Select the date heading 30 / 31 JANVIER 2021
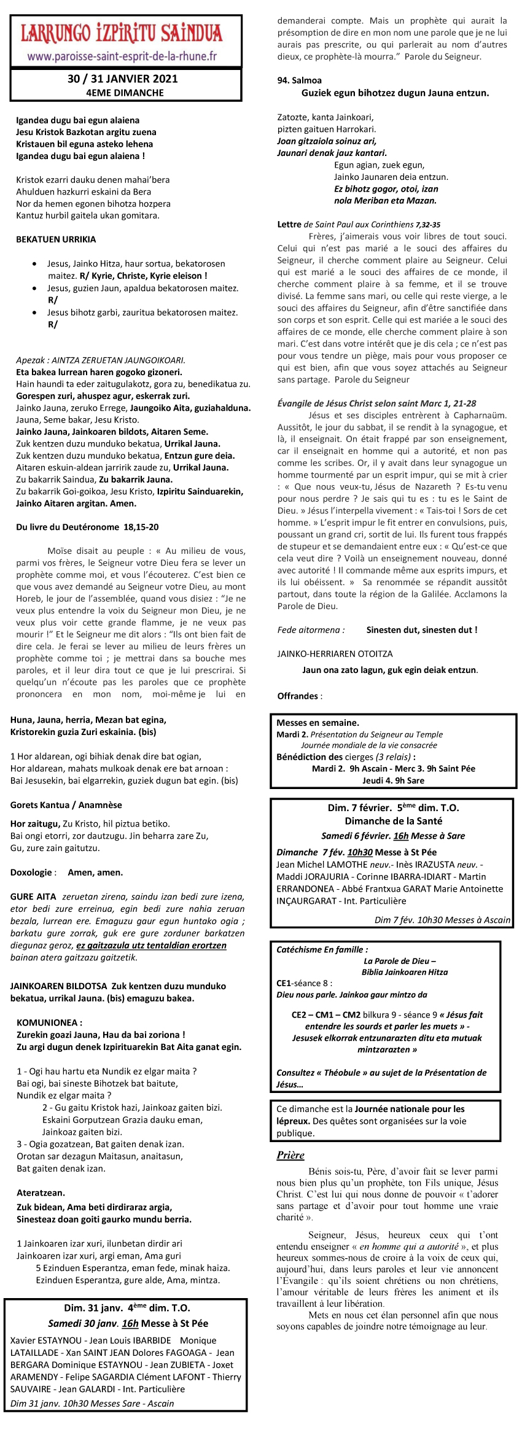(123, 79)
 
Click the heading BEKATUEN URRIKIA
(56, 239)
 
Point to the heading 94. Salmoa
(299, 80)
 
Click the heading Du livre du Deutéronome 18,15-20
(87, 527)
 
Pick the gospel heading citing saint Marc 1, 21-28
(376, 403)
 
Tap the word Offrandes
(298, 696)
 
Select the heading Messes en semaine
(317, 723)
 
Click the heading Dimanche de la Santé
(393, 821)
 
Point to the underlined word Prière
(290, 1155)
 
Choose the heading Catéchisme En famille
(322, 949)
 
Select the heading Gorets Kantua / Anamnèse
(66, 805)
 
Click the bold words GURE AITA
(33, 897)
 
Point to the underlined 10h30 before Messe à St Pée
(360, 852)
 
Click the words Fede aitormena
(311, 630)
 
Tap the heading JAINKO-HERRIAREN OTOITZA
(335, 654)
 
